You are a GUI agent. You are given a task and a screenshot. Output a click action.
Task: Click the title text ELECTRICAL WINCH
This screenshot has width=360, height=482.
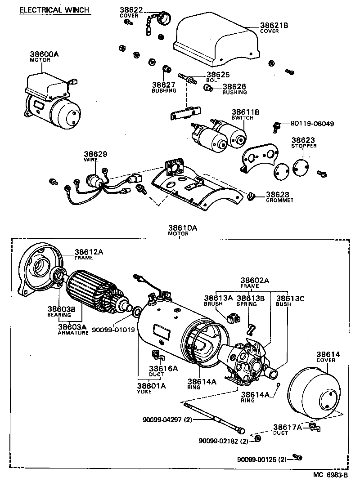tap(54, 10)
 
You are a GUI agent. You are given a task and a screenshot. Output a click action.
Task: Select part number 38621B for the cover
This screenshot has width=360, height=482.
tap(274, 25)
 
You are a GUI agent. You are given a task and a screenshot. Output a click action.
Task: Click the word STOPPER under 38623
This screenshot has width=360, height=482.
tap(304, 146)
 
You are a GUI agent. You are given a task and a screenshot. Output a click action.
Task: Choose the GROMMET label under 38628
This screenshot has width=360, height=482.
tap(279, 200)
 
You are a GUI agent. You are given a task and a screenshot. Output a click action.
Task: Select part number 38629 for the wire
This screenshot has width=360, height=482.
tap(95, 154)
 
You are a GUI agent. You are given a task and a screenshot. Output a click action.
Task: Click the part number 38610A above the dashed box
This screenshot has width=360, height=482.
tap(183, 228)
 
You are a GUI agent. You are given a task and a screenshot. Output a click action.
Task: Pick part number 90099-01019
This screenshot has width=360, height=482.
tap(113, 330)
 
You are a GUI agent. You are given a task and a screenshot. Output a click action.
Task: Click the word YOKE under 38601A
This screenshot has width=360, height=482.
tap(144, 392)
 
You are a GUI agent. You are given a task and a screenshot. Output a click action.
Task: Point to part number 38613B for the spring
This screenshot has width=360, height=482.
tap(251, 298)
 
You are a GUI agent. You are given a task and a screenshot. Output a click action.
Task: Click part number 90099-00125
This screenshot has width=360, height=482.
tap(255, 460)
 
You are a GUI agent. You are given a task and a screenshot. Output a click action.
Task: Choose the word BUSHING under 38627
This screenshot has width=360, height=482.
tap(164, 90)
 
